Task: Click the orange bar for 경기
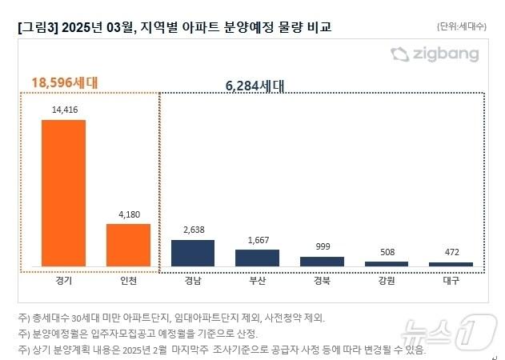click(63, 193)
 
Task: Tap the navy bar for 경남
click(193, 253)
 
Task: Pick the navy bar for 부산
click(257, 258)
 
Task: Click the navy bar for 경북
click(322, 261)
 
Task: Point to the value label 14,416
click(63, 111)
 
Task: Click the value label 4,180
click(128, 214)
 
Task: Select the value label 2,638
click(193, 230)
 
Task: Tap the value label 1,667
click(257, 240)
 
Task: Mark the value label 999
click(322, 247)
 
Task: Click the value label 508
click(387, 253)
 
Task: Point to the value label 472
click(451, 253)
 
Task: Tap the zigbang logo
click(435, 54)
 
